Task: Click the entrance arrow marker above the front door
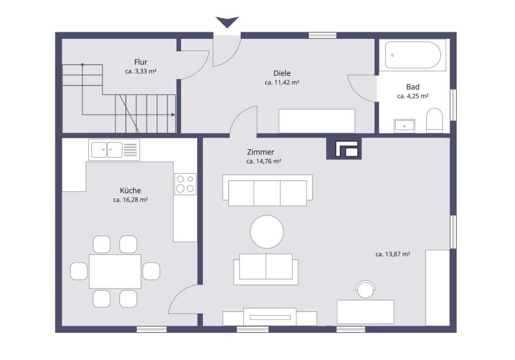click(227, 23)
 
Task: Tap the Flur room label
click(141, 62)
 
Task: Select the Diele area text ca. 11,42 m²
click(281, 83)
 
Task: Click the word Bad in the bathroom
click(413, 86)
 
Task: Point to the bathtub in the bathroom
click(413, 55)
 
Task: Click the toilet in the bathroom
click(434, 120)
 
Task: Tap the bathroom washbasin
click(405, 124)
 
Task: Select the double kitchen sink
click(106, 150)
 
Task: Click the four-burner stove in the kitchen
click(185, 184)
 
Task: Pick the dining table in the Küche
click(115, 271)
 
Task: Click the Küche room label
click(130, 191)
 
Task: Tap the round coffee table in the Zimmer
click(267, 232)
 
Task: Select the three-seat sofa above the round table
click(267, 191)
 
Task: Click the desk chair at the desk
click(366, 289)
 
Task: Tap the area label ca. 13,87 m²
click(392, 254)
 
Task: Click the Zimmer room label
click(260, 152)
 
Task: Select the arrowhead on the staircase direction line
click(173, 114)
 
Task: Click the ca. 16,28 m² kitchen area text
click(130, 200)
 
